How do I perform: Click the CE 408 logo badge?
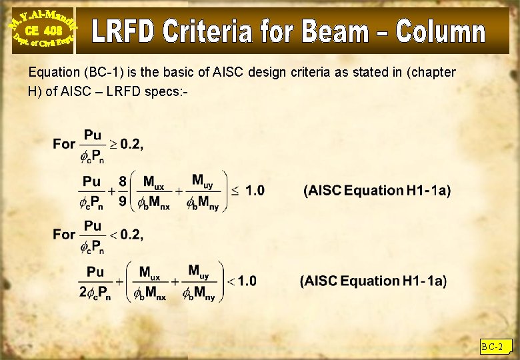pyautogui.click(x=43, y=30)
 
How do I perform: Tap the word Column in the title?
pyautogui.click(x=441, y=32)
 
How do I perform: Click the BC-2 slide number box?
pyautogui.click(x=493, y=347)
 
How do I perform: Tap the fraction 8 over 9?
pyautogui.click(x=123, y=191)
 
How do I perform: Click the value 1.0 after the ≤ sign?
pyautogui.click(x=255, y=191)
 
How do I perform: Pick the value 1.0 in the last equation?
pyautogui.click(x=247, y=281)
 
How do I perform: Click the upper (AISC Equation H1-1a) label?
pyautogui.click(x=377, y=191)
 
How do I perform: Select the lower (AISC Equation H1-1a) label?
pyautogui.click(x=373, y=281)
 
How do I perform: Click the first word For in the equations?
pyautogui.click(x=64, y=144)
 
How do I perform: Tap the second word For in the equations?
pyautogui.click(x=64, y=235)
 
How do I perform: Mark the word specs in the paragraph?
pyautogui.click(x=161, y=91)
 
